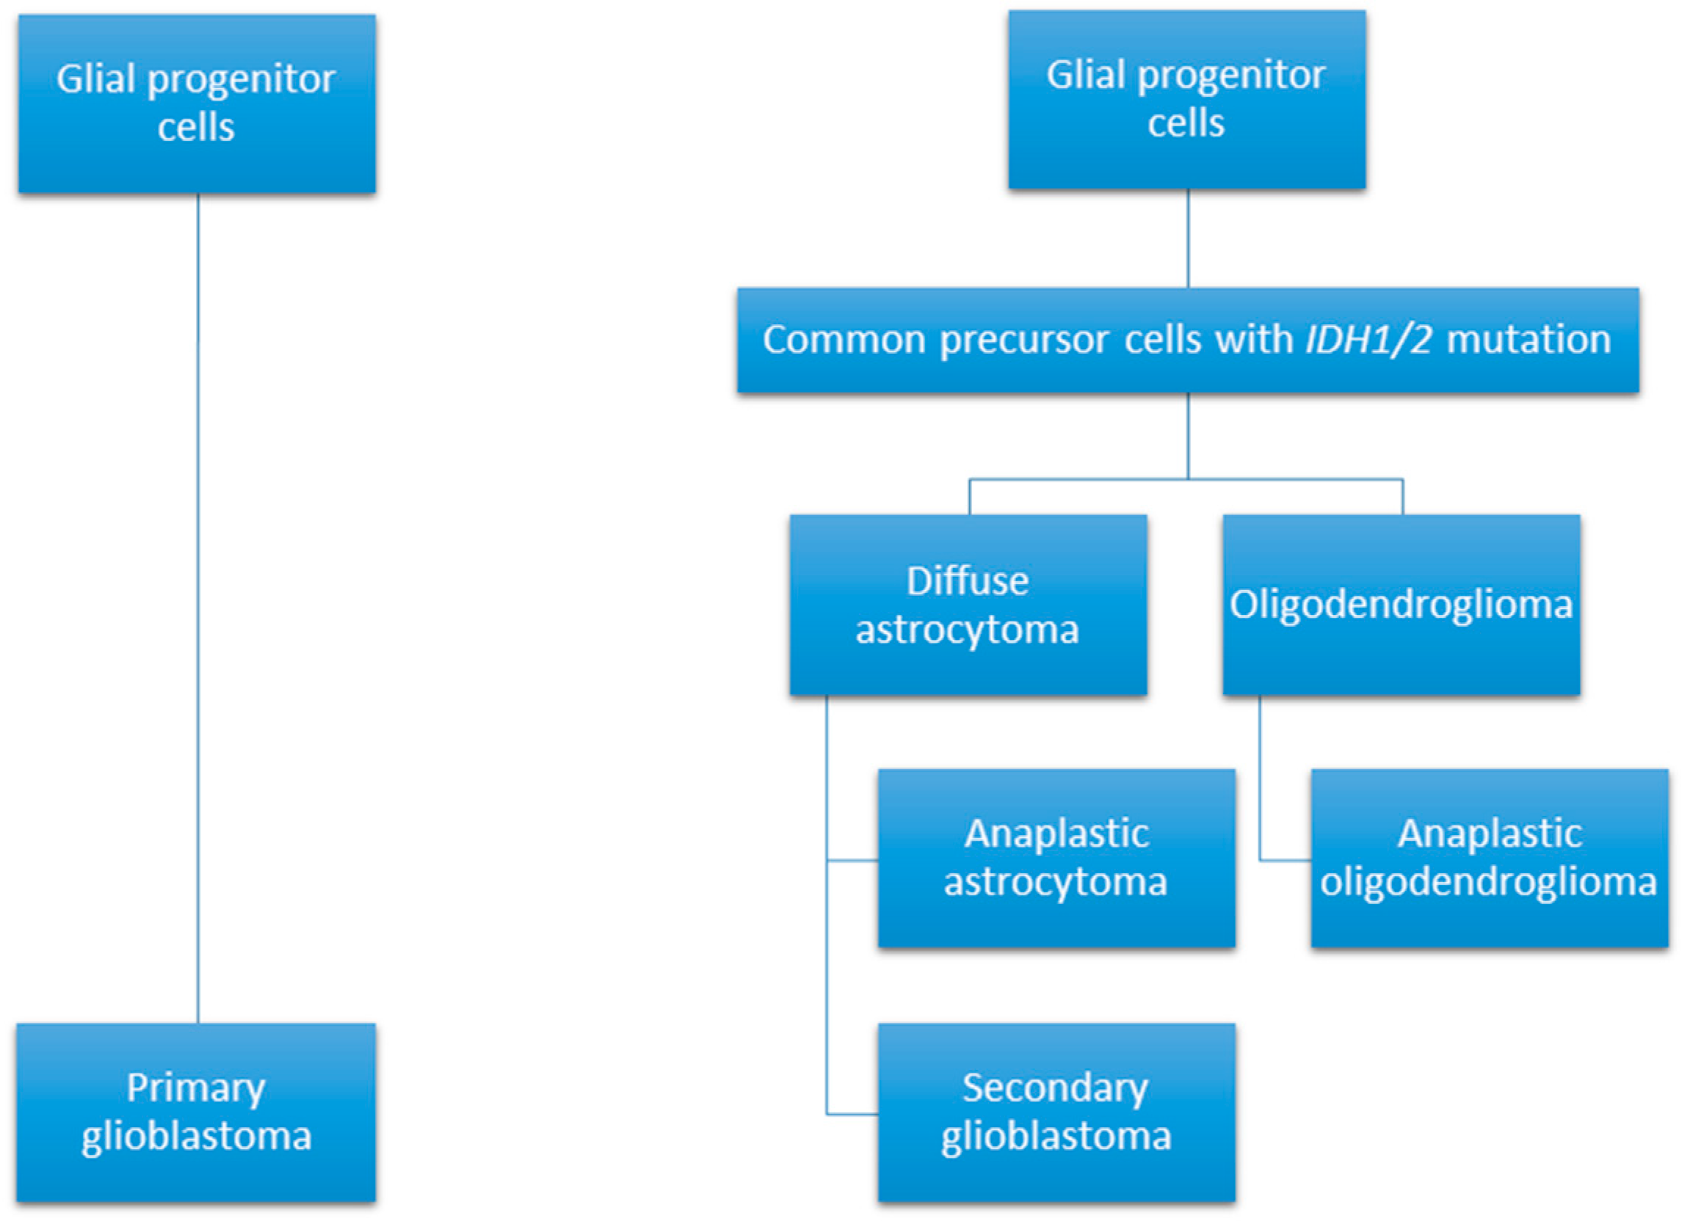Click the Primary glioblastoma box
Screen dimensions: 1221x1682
[196, 1112]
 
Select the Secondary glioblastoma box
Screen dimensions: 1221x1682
[1056, 1112]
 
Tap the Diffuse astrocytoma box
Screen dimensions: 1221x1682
[968, 604]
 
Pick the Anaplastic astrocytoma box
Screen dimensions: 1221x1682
[1056, 858]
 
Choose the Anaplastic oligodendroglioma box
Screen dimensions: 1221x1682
[1489, 858]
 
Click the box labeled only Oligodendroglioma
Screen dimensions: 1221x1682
[1401, 604]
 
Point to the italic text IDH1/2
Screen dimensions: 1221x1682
[1369, 340]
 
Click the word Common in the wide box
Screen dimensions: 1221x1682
[844, 340]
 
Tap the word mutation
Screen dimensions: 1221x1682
[1529, 340]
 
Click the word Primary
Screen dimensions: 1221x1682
[196, 1088]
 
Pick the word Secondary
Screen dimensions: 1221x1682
[1055, 1087]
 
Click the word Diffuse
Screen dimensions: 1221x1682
[968, 580]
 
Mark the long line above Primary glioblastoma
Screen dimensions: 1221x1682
[198, 608]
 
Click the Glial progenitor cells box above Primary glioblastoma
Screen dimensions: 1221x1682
[197, 103]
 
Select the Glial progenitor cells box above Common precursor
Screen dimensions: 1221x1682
[1186, 99]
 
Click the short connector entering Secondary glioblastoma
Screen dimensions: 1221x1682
[853, 1114]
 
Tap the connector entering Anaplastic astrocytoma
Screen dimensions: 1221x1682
[853, 860]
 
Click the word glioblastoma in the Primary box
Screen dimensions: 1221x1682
[197, 1137]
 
